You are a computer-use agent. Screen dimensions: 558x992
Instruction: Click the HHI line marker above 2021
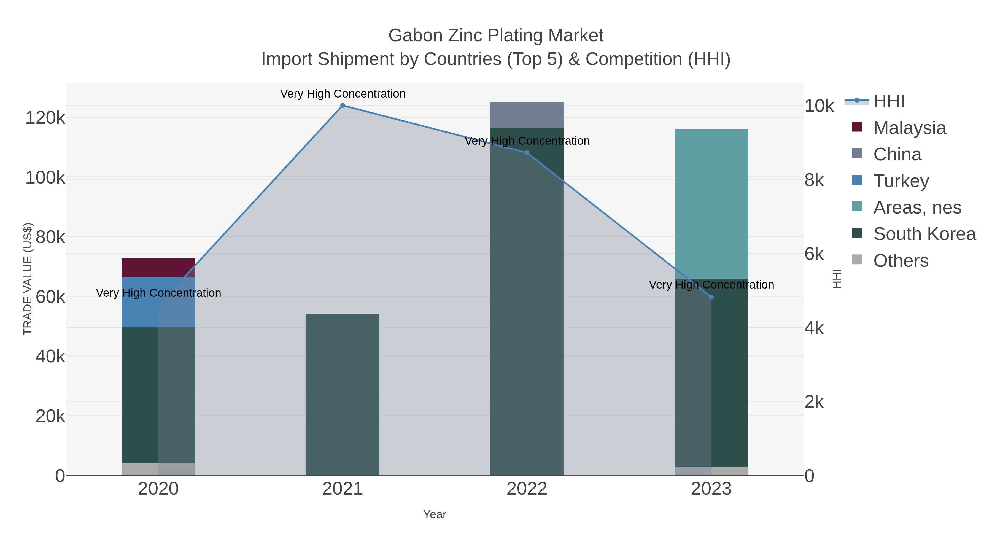[x=342, y=106]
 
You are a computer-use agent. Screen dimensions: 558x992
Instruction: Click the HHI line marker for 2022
[x=527, y=153]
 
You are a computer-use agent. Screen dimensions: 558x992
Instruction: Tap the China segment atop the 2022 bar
[x=527, y=115]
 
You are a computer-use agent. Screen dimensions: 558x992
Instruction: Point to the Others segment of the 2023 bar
[x=711, y=471]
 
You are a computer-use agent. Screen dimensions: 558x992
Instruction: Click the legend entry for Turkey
[x=901, y=181]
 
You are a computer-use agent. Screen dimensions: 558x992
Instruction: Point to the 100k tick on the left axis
[x=45, y=178]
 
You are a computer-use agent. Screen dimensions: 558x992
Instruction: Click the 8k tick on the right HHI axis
[x=814, y=180]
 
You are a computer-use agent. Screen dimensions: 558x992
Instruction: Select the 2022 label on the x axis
[x=527, y=489]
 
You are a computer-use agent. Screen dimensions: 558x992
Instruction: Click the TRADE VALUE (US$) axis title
[x=28, y=279]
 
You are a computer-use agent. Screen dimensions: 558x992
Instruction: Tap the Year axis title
[x=434, y=514]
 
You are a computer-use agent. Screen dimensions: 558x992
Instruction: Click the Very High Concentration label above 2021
[x=342, y=94]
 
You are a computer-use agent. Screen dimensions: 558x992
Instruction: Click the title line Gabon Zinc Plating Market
[x=496, y=36]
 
